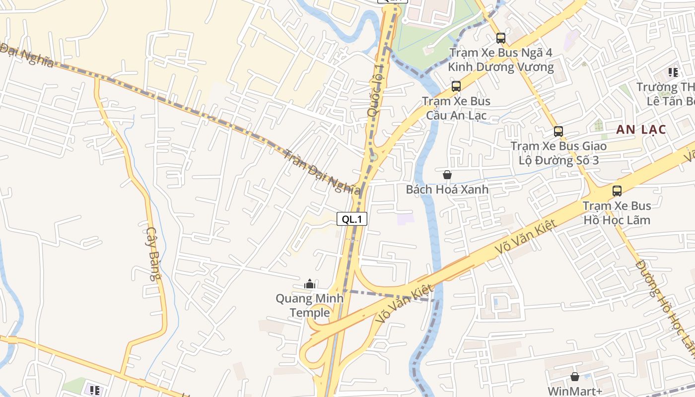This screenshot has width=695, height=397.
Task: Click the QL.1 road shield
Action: (x=351, y=219)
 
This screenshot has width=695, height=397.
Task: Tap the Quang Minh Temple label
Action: (x=310, y=306)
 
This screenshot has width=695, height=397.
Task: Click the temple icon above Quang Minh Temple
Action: (x=310, y=284)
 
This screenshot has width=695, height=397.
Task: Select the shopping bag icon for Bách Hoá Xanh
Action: (x=447, y=175)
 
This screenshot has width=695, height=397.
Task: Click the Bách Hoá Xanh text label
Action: (x=447, y=190)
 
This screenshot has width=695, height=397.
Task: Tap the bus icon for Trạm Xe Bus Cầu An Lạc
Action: (x=456, y=86)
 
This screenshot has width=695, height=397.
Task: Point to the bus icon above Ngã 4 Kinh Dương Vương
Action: (x=500, y=38)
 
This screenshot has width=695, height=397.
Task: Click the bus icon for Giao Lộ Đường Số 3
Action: (x=558, y=132)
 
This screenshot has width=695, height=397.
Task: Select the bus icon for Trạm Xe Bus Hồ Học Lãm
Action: (x=617, y=191)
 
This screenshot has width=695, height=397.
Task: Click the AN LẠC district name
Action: (x=641, y=130)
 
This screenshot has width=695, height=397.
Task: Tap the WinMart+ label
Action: (x=575, y=391)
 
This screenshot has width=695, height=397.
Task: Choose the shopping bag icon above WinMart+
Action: (x=575, y=377)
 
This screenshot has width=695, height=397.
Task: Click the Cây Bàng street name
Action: (x=154, y=254)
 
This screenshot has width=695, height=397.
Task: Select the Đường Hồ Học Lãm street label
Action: (x=665, y=308)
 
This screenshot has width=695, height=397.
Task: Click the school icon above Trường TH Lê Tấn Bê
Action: (x=673, y=72)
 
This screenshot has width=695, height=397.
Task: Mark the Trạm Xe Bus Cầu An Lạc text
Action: (x=456, y=109)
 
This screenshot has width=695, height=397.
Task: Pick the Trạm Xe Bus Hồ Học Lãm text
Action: (x=617, y=213)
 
